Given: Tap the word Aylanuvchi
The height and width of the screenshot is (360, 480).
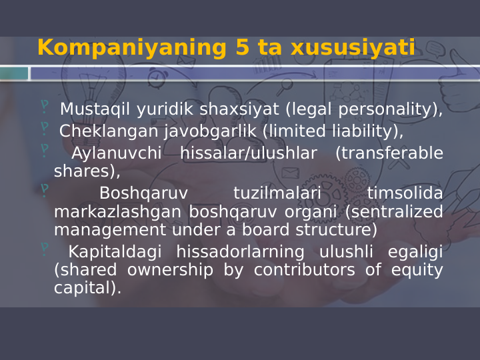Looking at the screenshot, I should (116, 153).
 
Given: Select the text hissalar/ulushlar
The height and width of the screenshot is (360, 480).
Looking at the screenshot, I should (248, 153).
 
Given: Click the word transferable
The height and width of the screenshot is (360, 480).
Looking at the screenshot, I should (389, 153).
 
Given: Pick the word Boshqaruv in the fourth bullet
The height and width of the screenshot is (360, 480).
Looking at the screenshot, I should (143, 193).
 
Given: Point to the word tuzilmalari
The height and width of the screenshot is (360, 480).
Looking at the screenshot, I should (277, 193).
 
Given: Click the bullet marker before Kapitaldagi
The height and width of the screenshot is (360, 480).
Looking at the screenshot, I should (45, 249).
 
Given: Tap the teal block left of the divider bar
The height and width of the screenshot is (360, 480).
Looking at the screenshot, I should (14, 73).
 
